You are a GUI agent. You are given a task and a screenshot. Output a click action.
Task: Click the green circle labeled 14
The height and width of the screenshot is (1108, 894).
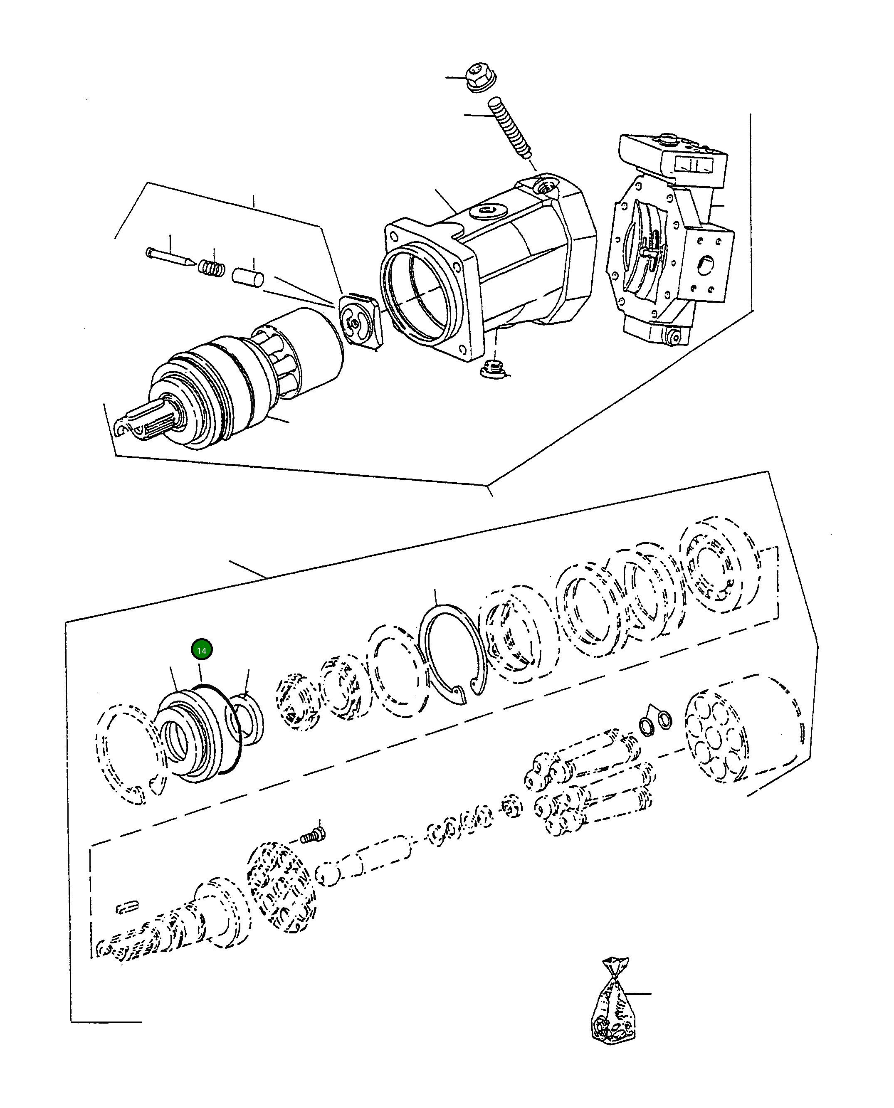coord(201,650)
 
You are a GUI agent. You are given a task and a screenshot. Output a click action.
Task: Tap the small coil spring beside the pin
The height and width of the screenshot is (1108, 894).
coord(212,267)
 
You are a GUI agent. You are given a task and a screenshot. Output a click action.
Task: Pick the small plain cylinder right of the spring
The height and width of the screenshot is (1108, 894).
coord(248,276)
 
